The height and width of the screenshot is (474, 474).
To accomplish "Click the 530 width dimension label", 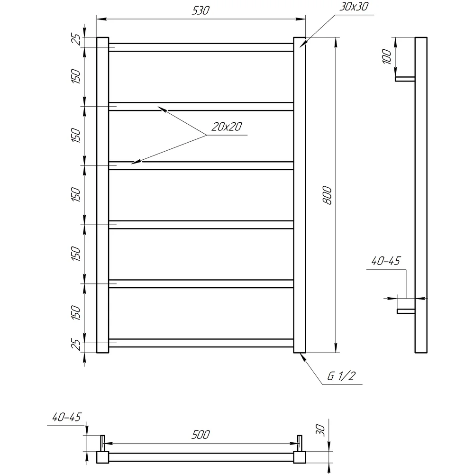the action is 201,10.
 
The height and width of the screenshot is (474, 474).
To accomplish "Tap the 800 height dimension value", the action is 327,196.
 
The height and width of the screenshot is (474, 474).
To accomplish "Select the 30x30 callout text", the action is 354,7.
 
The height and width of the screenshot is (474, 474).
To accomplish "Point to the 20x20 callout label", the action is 227,127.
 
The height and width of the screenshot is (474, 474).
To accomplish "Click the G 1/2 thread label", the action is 341,376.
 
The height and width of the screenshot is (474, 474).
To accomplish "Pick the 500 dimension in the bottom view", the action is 201,435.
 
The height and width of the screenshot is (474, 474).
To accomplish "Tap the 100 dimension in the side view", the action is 387,56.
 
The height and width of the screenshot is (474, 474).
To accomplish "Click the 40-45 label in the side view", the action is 386,261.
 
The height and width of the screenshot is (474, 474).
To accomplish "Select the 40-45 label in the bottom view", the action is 67,418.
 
